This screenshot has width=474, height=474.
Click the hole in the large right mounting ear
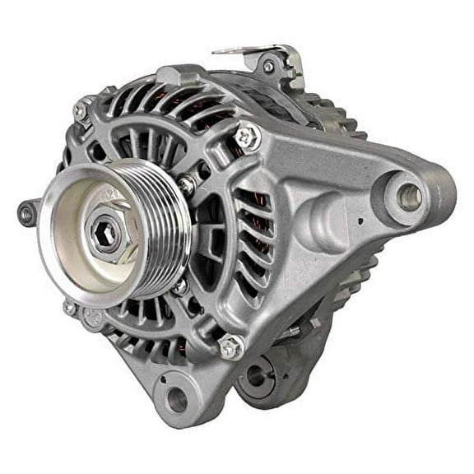click(x=409, y=197)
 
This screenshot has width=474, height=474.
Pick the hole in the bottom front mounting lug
click(x=175, y=401)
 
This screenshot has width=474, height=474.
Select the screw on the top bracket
click(x=268, y=65)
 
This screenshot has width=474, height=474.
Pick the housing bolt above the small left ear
click(x=81, y=109)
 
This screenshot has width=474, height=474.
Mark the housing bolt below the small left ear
click(x=69, y=308)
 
